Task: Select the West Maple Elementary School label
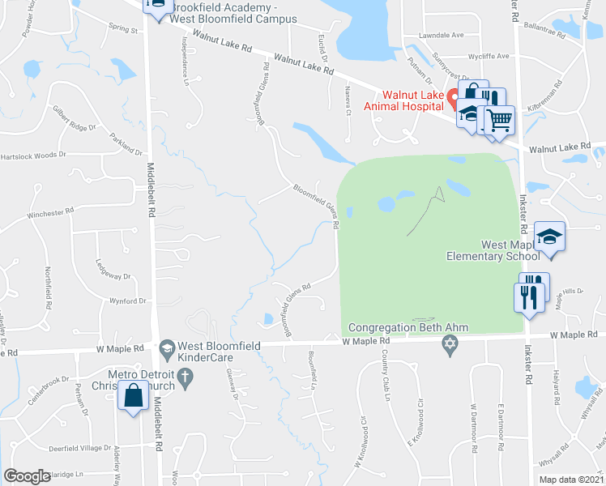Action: pyautogui.click(x=493, y=250)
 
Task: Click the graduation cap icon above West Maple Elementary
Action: pyautogui.click(x=550, y=236)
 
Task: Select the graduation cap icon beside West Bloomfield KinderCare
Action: pyautogui.click(x=167, y=348)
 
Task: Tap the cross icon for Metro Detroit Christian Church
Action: pyautogui.click(x=185, y=376)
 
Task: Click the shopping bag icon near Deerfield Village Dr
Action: pyautogui.click(x=132, y=396)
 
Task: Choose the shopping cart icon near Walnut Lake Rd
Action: pyautogui.click(x=500, y=120)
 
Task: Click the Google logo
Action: pyautogui.click(x=27, y=476)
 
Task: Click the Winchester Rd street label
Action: pyautogui.click(x=50, y=212)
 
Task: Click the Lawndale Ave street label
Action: pyautogui.click(x=441, y=36)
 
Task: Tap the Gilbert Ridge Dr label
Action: pyautogui.click(x=75, y=119)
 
